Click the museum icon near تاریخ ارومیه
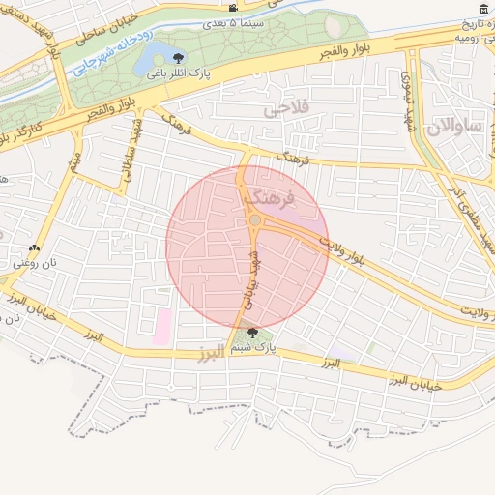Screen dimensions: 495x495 pyautogui.click(x=483, y=9)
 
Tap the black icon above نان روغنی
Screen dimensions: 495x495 pyautogui.click(x=35, y=247)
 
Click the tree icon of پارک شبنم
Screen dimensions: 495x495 pyautogui.click(x=252, y=332)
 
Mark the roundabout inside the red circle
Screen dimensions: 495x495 pyautogui.click(x=254, y=221)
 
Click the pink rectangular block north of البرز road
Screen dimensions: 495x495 pyautogui.click(x=161, y=326)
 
